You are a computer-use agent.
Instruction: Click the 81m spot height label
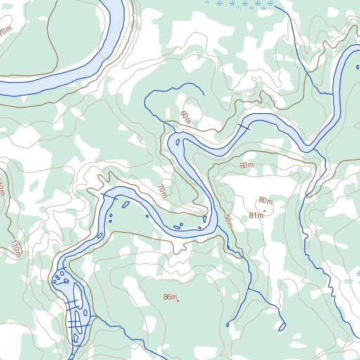(x=256, y=215)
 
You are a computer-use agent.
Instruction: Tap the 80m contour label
(x=265, y=201)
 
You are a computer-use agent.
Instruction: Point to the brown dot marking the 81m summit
(x=264, y=210)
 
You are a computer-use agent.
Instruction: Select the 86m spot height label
(x=169, y=297)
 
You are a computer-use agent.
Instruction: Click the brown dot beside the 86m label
(x=178, y=301)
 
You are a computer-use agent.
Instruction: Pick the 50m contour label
(x=228, y=221)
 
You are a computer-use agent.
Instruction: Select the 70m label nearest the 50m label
(x=162, y=191)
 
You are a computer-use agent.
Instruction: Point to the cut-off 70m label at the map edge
(x=6, y=32)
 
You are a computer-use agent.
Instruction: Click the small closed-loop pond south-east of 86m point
(x=283, y=326)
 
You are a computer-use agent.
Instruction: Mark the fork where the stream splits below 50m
(x=250, y=288)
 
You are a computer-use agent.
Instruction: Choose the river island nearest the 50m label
(x=205, y=219)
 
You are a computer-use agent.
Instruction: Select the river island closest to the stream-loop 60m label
(x=178, y=143)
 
